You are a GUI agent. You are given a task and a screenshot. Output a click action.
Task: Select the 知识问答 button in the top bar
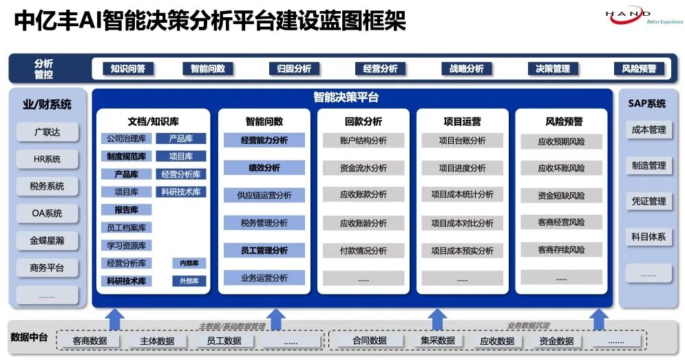[127, 69]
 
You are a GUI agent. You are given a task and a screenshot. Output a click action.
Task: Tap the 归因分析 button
[294, 69]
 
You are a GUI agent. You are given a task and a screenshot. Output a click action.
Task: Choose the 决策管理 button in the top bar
[553, 69]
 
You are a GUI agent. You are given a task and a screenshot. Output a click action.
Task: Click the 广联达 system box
[48, 131]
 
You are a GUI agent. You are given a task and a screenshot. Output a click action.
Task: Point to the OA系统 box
[48, 213]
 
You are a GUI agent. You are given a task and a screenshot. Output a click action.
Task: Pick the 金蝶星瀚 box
[48, 241]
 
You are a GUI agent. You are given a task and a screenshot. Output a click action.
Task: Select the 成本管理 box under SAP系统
[649, 130]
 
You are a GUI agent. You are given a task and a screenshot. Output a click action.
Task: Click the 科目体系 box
[649, 237]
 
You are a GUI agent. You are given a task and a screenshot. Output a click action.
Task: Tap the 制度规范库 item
[127, 157]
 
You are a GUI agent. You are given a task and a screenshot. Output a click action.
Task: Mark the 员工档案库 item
[127, 228]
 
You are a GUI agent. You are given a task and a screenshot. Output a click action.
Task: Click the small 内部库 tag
[189, 264]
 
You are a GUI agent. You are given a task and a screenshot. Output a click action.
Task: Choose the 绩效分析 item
[264, 168]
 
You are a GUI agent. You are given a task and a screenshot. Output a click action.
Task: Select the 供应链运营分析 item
[264, 195]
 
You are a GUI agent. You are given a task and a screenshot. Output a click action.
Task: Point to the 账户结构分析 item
[363, 141]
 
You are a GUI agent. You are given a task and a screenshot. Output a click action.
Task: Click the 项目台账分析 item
[463, 141]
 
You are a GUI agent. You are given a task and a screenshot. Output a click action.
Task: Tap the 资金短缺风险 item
[561, 196]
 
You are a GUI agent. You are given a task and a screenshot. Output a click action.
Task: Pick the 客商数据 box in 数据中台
[90, 341]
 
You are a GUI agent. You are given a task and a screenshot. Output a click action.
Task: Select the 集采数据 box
[438, 341]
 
